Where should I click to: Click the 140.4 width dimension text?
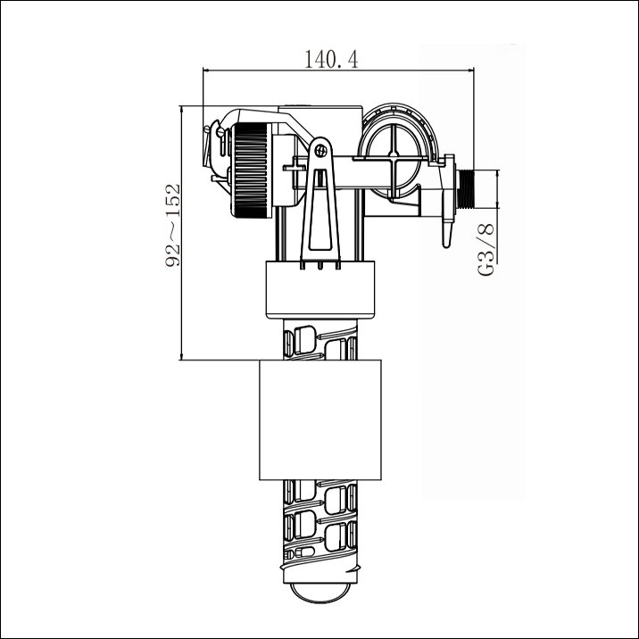coord(331,60)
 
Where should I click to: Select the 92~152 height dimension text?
coord(173,225)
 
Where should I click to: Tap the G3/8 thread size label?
coord(486,249)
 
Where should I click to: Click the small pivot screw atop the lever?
coord(319,149)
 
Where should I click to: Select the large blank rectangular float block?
coord(319,420)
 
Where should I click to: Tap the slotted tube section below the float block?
coord(319,527)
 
